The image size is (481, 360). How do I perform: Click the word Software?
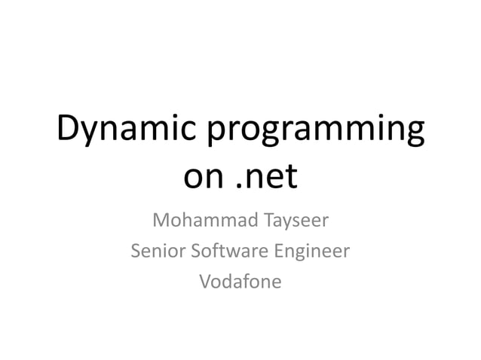tap(225, 252)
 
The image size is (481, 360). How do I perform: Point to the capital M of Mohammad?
tap(161, 222)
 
